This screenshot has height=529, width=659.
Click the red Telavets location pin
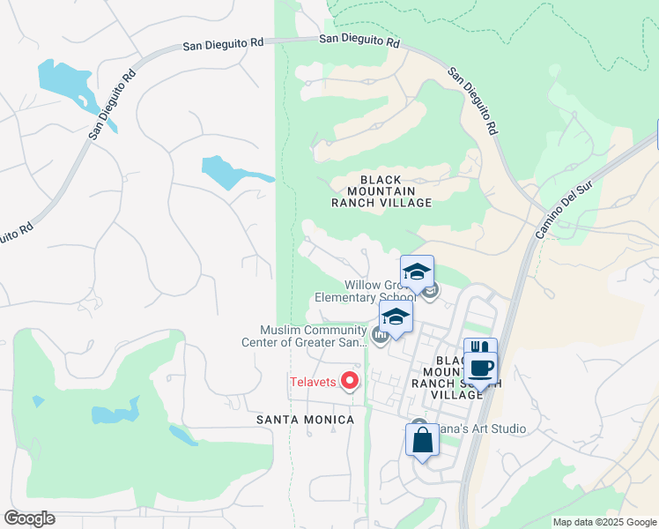click(350, 381)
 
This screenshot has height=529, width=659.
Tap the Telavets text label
click(313, 382)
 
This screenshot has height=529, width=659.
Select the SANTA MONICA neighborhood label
click(305, 420)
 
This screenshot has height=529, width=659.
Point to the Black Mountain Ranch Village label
click(381, 190)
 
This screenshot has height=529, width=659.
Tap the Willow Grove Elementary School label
click(365, 291)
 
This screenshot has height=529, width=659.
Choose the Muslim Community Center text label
click(313, 337)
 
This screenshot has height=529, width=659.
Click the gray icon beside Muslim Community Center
click(381, 336)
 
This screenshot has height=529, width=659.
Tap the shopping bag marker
click(422, 439)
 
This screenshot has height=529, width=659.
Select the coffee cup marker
click(481, 368)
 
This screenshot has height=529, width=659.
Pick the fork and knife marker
click(480, 351)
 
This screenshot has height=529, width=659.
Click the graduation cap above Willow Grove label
click(417, 271)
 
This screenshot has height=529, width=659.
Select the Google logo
click(29, 518)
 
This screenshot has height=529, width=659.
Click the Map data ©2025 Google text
click(603, 522)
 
